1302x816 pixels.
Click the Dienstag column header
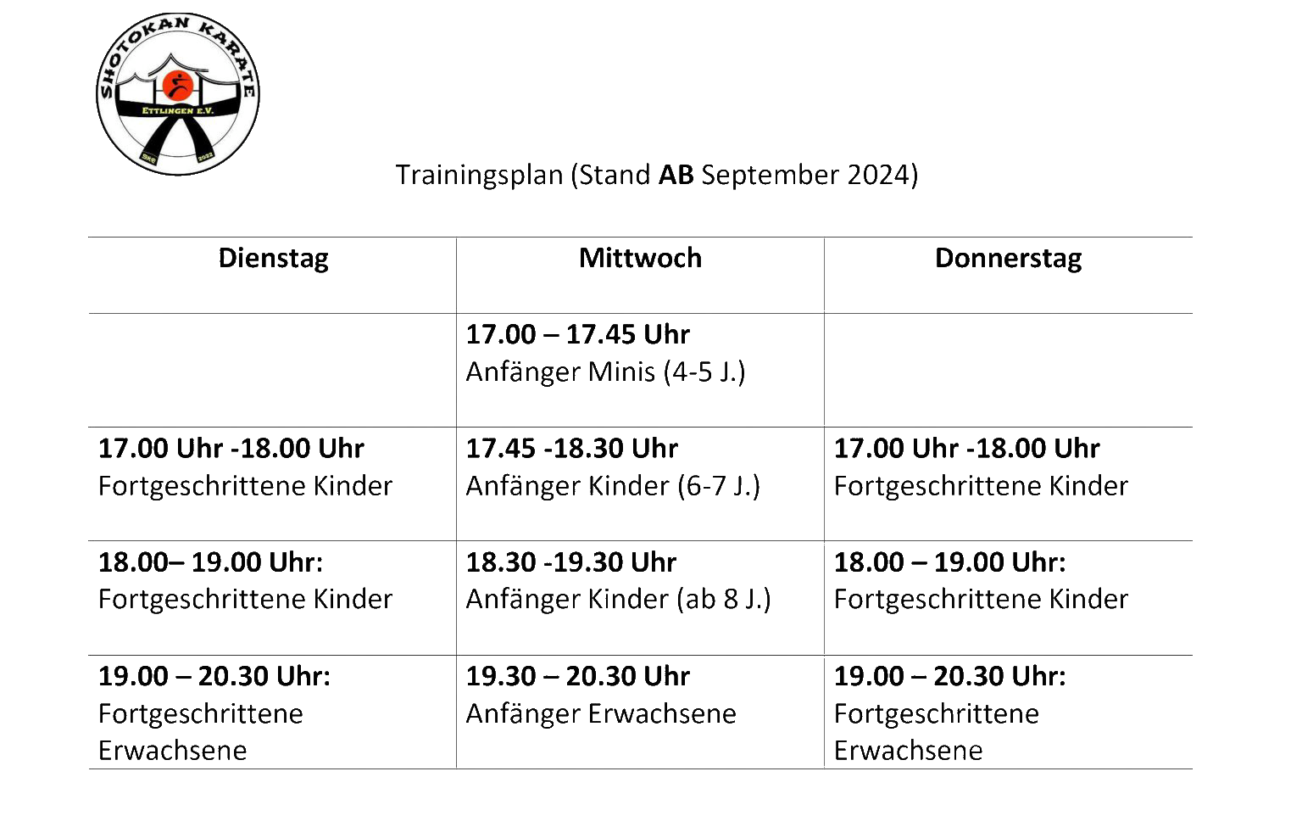(x=273, y=259)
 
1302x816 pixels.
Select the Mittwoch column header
(x=640, y=258)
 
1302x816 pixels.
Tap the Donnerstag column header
(x=1008, y=259)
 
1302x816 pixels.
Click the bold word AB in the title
(x=676, y=175)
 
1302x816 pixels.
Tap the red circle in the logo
(x=177, y=86)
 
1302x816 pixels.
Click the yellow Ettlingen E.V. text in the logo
(x=178, y=110)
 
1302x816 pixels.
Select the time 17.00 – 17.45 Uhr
(x=578, y=334)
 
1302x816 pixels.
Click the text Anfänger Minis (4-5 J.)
(x=606, y=372)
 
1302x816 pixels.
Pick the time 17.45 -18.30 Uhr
(x=572, y=449)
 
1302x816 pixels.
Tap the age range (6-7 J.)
(x=719, y=486)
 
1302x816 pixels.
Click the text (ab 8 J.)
(x=724, y=599)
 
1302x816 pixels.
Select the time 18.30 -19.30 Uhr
(x=571, y=562)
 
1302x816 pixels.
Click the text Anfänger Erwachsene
(x=601, y=713)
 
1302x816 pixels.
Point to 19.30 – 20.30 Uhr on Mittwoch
(x=578, y=676)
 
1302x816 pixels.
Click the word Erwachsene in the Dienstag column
(x=173, y=751)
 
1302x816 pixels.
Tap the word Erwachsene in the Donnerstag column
(x=909, y=751)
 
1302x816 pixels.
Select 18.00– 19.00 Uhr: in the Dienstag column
(x=210, y=562)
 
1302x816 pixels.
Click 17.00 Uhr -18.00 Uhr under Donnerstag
(x=967, y=449)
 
